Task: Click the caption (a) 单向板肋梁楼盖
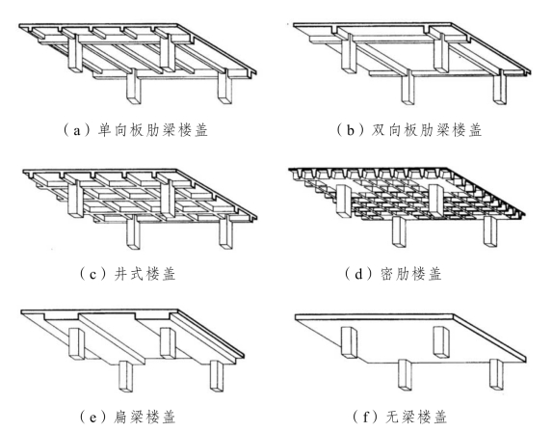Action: pyautogui.click(x=135, y=130)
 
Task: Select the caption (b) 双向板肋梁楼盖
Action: pyautogui.click(x=408, y=130)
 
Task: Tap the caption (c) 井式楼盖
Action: pyautogui.click(x=127, y=274)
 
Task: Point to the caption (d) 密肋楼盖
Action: pyautogui.click(x=393, y=274)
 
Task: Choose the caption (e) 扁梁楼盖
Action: pyautogui.click(x=127, y=418)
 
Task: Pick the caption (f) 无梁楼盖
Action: pyautogui.click(x=400, y=418)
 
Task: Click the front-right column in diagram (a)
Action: pyautogui.click(x=225, y=89)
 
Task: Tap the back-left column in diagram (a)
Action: pyautogui.click(x=76, y=54)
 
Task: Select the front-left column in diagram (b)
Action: pyautogui.click(x=408, y=88)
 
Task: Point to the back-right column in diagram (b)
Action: pyautogui.click(x=441, y=53)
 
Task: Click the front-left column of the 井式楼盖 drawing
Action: pyautogui.click(x=133, y=232)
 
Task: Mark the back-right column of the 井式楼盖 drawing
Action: pyautogui.click(x=168, y=199)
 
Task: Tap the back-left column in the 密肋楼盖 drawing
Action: pyautogui.click(x=343, y=200)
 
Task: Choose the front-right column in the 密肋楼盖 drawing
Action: pyautogui.click(x=490, y=231)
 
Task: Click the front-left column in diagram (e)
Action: pyautogui.click(x=125, y=376)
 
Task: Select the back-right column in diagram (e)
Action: pyautogui.click(x=168, y=343)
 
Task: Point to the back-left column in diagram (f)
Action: pyautogui.click(x=349, y=342)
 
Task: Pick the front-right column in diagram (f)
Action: pyautogui.click(x=496, y=374)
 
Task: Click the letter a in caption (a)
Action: pyautogui.click(x=77, y=131)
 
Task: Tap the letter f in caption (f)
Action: pyautogui.click(x=366, y=418)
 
